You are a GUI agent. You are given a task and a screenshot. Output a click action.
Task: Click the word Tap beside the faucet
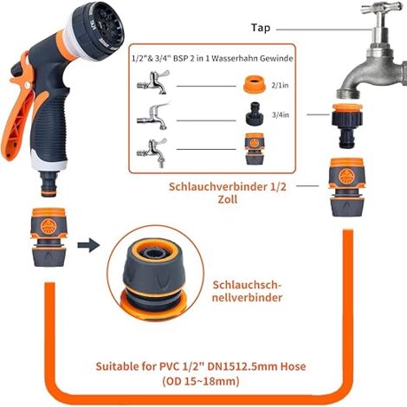tap(261, 28)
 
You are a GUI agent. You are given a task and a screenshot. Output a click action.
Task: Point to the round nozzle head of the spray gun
tap(100, 30)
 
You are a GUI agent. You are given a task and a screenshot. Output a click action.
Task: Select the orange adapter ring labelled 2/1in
tap(254, 84)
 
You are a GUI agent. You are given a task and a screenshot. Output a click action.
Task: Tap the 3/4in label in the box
tap(281, 115)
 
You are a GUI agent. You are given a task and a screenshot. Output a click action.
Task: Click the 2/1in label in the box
tap(280, 86)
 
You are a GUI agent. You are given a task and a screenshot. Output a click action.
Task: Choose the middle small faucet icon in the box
tap(153, 116)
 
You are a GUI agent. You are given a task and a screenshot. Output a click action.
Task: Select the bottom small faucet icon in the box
tap(152, 152)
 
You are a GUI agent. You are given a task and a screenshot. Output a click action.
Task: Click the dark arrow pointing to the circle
tap(88, 245)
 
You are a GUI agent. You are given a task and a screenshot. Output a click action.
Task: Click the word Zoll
tap(228, 199)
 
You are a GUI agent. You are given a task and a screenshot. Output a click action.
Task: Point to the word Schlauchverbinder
tap(218, 186)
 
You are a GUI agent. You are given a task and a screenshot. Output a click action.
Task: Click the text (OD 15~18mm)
tap(201, 382)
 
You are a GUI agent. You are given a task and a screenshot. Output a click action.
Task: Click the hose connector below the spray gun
tap(48, 237)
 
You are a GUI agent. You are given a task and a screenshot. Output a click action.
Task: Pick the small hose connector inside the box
tap(255, 149)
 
